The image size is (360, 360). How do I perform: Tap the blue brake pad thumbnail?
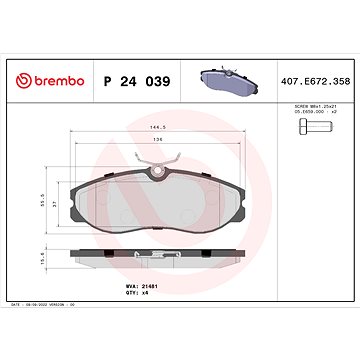(x=227, y=78)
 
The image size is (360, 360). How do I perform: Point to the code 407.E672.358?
(x=312, y=79)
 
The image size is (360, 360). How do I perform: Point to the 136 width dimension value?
(x=157, y=141)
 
